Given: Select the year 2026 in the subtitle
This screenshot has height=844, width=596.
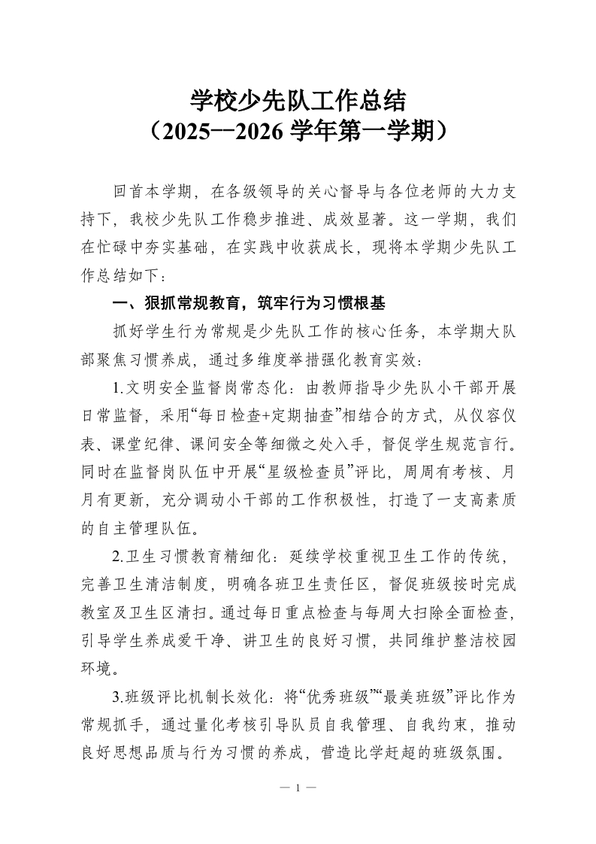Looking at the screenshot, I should tap(259, 132).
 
